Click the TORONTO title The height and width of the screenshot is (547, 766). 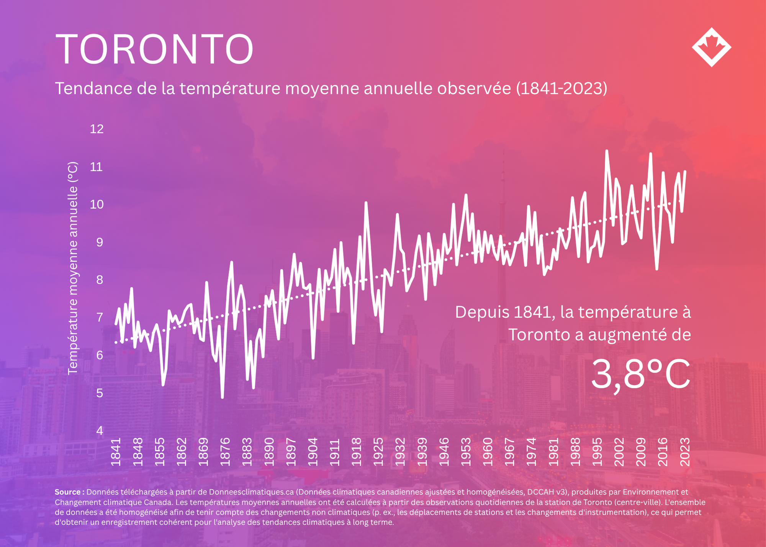(x=154, y=49)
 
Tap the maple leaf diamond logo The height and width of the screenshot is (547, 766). (x=712, y=47)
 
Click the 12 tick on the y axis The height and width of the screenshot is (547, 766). (x=97, y=129)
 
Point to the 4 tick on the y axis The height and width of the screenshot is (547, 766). (x=100, y=431)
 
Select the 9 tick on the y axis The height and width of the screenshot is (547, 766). (x=100, y=242)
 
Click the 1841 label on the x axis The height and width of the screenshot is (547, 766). (x=116, y=452)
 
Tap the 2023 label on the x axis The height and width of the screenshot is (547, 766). (x=685, y=452)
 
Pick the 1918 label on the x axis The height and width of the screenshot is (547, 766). (x=357, y=452)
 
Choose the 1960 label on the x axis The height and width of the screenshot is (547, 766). (x=488, y=452)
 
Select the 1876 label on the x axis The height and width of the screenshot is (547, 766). (x=225, y=452)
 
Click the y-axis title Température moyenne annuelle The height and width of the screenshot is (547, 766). (x=73, y=268)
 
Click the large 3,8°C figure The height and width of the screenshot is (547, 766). (x=641, y=374)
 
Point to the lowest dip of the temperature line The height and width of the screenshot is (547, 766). (x=222, y=398)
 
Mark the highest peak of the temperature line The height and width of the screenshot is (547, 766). (x=607, y=151)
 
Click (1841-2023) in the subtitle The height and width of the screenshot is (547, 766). (x=561, y=88)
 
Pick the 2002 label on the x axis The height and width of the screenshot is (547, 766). (x=619, y=452)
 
